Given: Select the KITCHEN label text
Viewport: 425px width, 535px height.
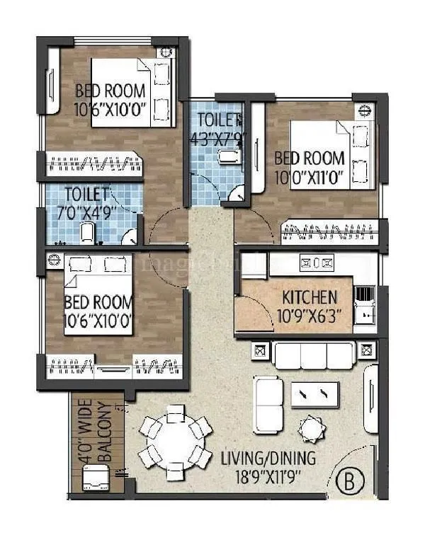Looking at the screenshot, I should pyautogui.click(x=310, y=297).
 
